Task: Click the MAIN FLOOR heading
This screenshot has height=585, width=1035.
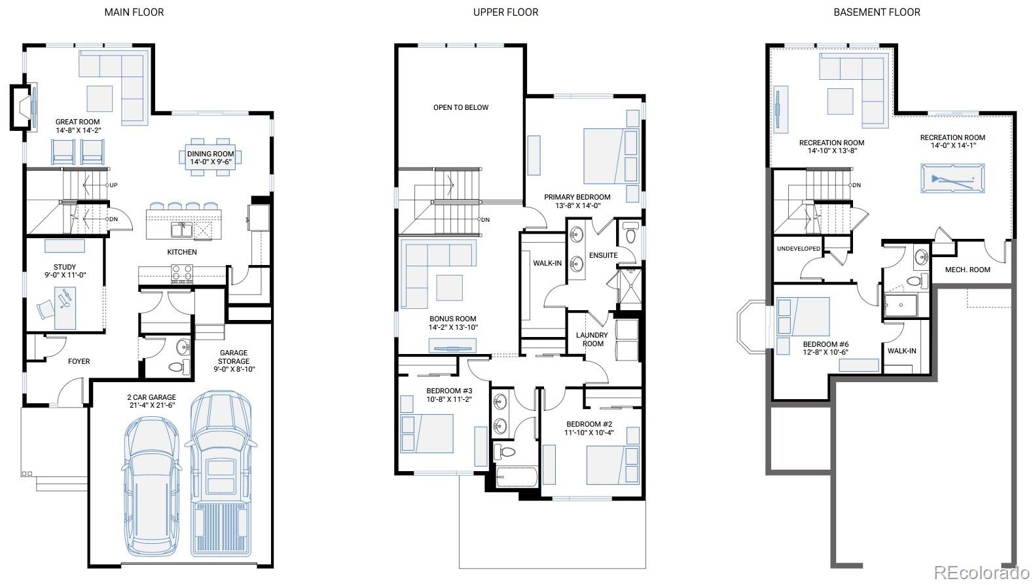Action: click(134, 12)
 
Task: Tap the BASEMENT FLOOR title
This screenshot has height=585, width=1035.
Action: click(877, 12)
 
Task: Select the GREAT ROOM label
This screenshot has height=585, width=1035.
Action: click(78, 122)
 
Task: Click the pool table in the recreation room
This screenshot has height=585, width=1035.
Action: click(953, 178)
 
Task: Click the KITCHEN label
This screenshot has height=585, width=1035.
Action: click(182, 252)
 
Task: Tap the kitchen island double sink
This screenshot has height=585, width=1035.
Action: click(181, 230)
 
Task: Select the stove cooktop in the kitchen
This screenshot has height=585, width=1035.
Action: click(182, 274)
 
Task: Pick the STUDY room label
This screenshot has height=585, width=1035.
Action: click(65, 267)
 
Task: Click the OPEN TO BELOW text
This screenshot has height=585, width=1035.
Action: click(461, 107)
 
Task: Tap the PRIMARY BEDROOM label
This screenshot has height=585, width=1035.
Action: click(577, 197)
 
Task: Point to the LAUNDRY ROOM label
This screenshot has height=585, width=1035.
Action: click(592, 340)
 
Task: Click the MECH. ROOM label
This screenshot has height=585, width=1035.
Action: click(968, 270)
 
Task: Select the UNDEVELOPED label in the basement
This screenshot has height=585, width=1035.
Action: click(799, 249)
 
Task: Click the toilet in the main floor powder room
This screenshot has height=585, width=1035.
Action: click(179, 367)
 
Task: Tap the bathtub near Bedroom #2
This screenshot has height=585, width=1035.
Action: click(517, 477)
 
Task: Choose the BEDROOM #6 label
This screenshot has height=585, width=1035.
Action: click(826, 344)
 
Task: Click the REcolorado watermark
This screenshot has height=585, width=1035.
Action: click(981, 573)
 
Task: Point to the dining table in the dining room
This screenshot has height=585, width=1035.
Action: click(211, 157)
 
